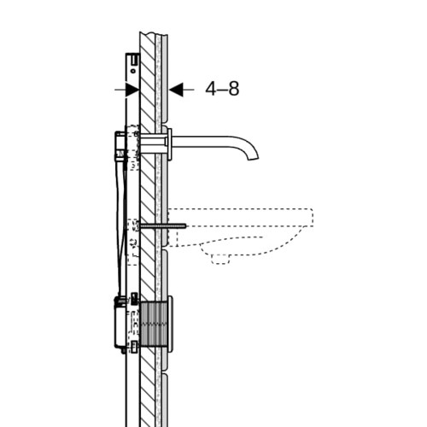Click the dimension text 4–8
[x=222, y=89]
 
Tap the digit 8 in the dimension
[x=234, y=89]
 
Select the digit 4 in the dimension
[x=211, y=89]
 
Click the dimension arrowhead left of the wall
[x=132, y=90]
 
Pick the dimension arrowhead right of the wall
[x=176, y=90]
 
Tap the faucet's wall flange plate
[x=170, y=144]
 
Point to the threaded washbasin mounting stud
[x=163, y=225]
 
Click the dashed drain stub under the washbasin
[x=220, y=260]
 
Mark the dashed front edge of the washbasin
[x=313, y=218]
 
